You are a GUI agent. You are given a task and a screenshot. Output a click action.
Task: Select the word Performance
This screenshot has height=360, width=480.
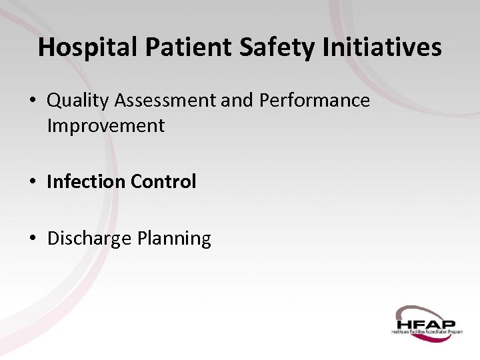click(x=315, y=101)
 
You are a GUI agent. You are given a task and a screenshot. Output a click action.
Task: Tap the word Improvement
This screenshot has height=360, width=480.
click(x=105, y=125)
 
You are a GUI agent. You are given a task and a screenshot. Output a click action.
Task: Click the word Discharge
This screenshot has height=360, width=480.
click(x=89, y=238)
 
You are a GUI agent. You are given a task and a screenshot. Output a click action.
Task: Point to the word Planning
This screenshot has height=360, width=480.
click(x=174, y=238)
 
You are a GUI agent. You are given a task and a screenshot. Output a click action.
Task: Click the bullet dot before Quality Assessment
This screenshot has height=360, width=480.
click(x=33, y=101)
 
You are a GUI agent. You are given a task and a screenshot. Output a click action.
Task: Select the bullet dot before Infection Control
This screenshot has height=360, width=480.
click(x=33, y=182)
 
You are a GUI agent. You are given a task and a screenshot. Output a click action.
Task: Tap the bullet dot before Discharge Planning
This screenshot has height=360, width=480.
click(x=33, y=239)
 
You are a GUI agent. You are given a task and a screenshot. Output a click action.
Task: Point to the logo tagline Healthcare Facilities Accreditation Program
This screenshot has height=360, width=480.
click(x=427, y=331)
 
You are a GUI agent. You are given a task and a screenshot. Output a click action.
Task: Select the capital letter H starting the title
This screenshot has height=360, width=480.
click(x=47, y=47)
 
